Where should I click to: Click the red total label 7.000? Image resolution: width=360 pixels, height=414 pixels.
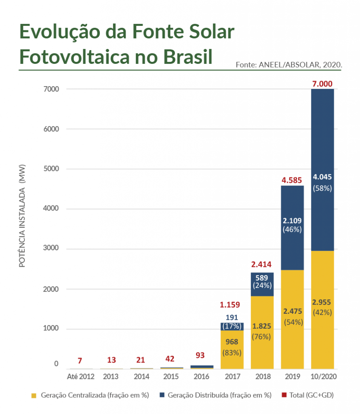point(322,84)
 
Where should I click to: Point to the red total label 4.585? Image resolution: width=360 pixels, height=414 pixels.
point(292,180)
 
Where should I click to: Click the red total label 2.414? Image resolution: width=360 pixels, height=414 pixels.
point(262,265)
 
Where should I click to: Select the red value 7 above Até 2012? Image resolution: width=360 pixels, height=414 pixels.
point(80,360)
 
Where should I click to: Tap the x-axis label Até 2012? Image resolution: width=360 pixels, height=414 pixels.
point(80,377)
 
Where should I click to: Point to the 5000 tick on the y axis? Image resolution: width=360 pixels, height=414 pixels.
point(51,169)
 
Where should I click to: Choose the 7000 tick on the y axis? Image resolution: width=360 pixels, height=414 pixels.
point(51,89)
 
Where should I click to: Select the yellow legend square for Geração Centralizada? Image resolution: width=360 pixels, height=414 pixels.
point(34,395)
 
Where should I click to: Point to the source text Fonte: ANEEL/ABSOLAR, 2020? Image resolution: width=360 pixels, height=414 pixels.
point(288,64)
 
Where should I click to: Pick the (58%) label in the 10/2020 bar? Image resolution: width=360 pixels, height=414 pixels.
point(322,188)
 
